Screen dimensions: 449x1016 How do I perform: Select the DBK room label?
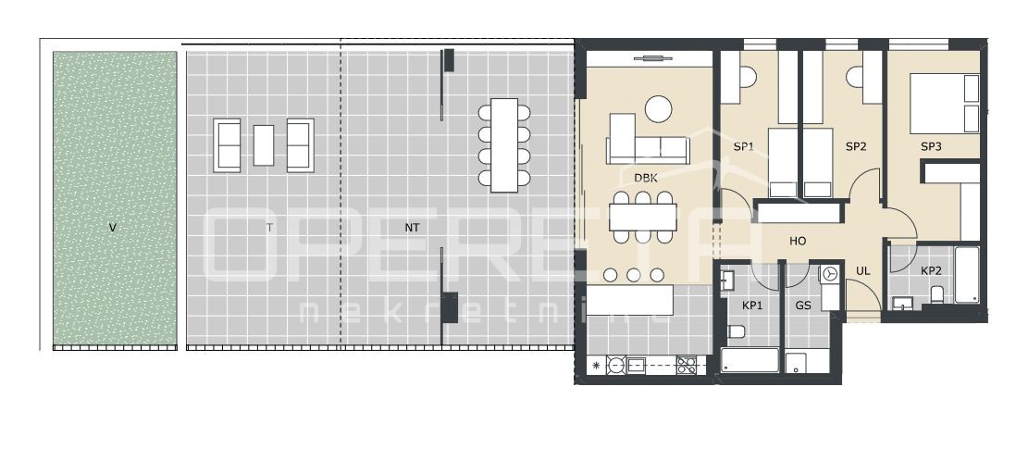[646, 178]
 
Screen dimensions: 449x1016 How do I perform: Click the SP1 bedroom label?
[744, 146]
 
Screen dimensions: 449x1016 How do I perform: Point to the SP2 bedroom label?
[855, 146]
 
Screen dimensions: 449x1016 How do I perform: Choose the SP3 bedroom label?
[930, 146]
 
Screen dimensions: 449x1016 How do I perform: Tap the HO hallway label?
[798, 241]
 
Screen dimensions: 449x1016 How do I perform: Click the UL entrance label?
[862, 270]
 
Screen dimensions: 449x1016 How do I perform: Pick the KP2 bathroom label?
[930, 270]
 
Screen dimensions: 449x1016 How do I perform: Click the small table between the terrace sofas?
[264, 144]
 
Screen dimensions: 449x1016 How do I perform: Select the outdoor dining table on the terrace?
[504, 144]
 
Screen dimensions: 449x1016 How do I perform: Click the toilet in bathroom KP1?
[737, 332]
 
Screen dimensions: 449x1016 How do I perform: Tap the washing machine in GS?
[830, 274]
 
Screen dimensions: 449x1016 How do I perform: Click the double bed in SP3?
[944, 103]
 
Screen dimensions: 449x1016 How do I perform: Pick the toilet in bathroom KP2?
[936, 294]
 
